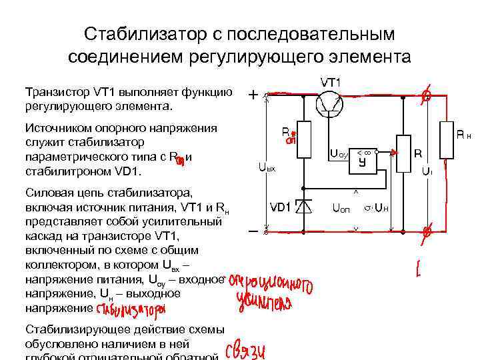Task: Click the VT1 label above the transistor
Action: pos(331,83)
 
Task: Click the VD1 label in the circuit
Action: pos(279,207)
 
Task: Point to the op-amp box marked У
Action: pos(363,161)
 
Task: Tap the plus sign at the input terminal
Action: pos(254,95)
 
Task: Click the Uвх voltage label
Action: pos(267,169)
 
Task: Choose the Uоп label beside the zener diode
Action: pos(341,207)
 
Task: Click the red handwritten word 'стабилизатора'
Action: pos(131,310)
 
